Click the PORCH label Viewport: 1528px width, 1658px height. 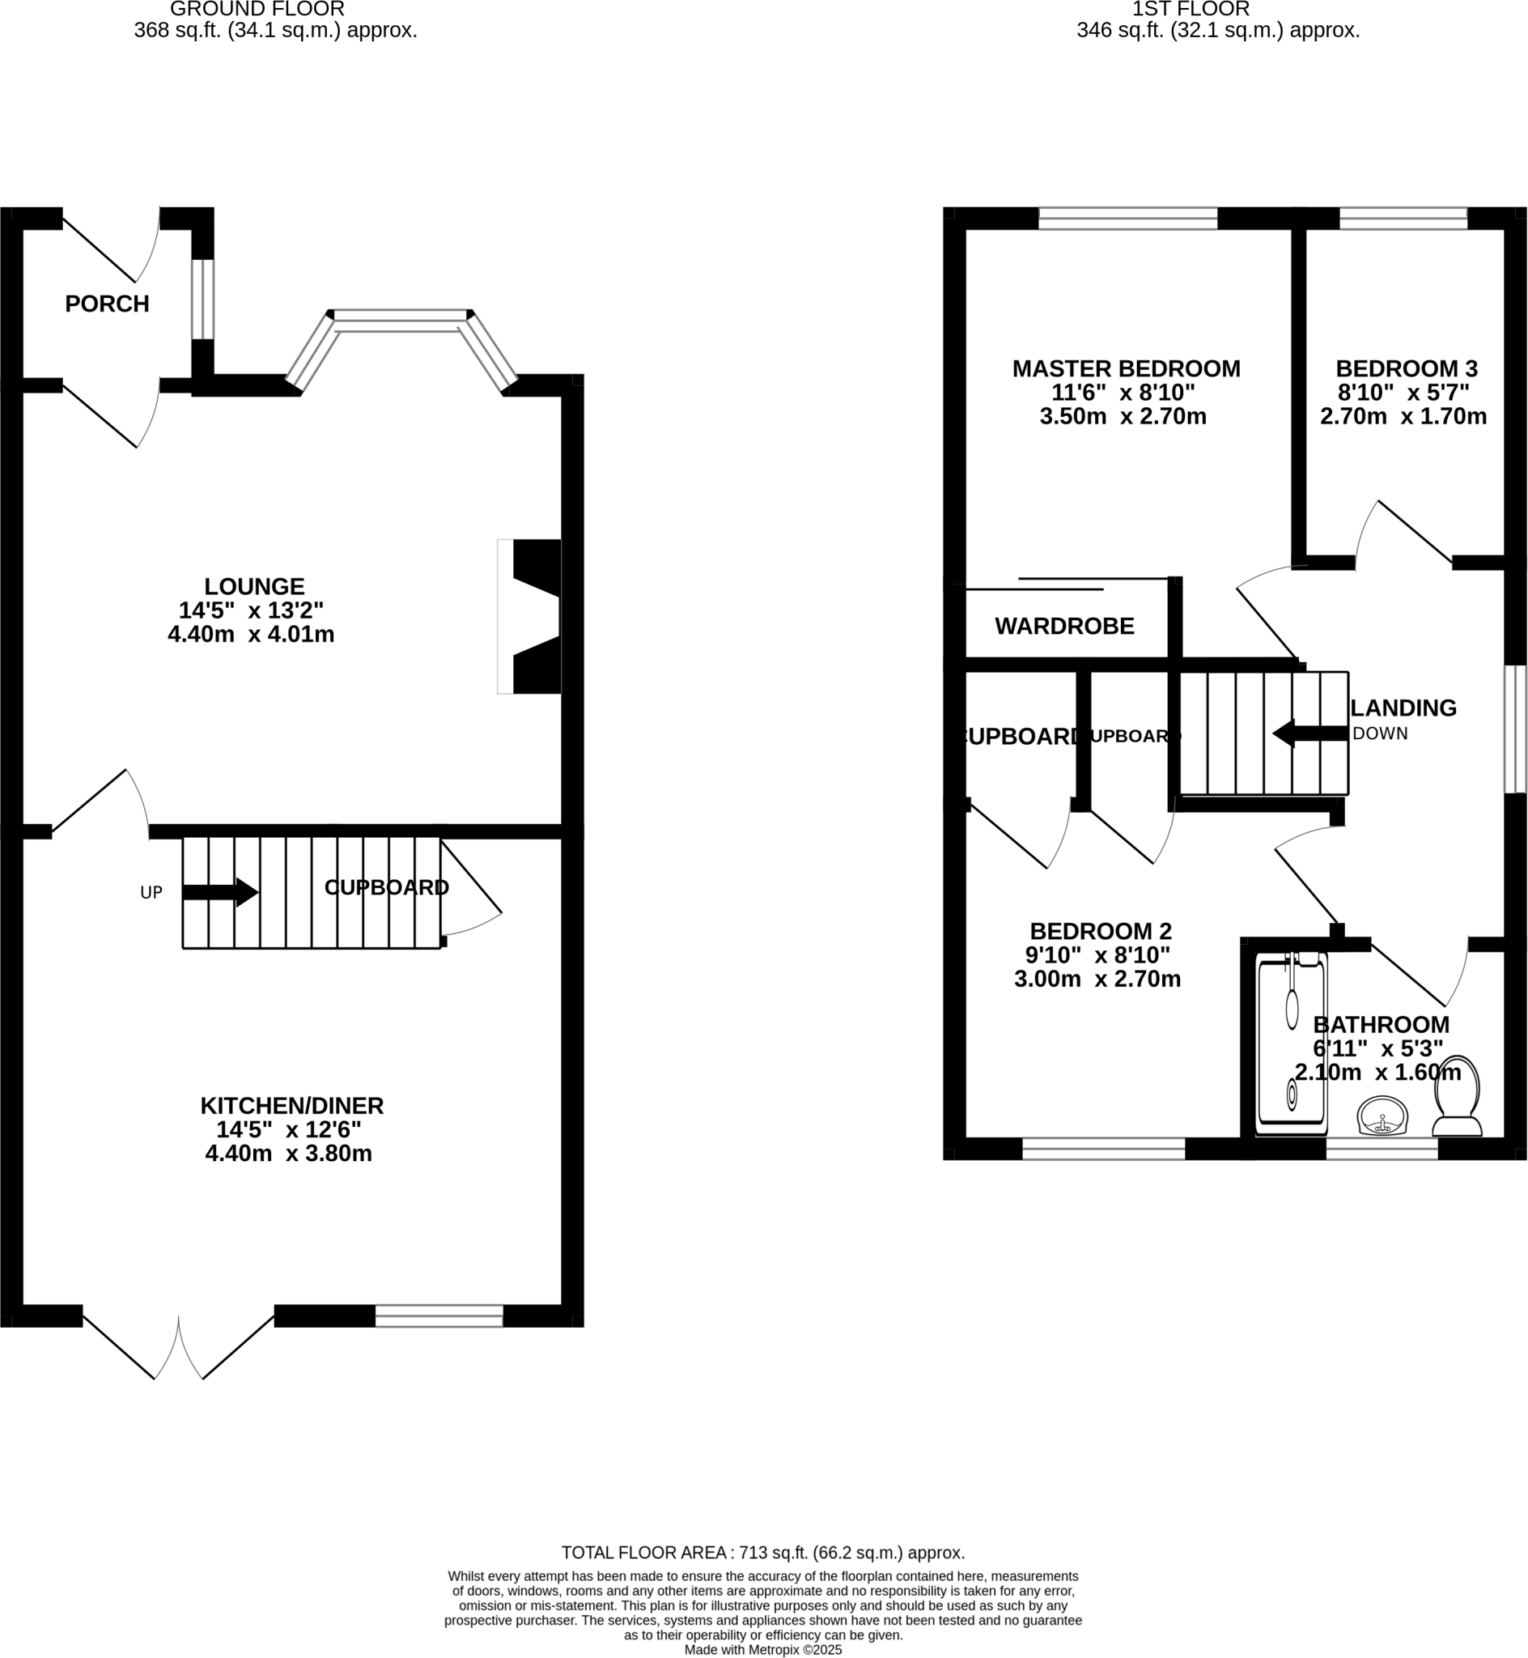pyautogui.click(x=107, y=304)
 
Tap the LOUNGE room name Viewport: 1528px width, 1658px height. pyautogui.click(x=254, y=586)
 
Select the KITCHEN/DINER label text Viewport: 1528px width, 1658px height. pyautogui.click(x=291, y=1106)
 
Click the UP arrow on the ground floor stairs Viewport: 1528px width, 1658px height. pyautogui.click(x=220, y=892)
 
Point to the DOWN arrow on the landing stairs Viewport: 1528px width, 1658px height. pyautogui.click(x=1309, y=733)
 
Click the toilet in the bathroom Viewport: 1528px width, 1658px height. pyautogui.click(x=1457, y=1096)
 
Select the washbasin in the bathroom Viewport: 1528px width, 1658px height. pyautogui.click(x=1382, y=1116)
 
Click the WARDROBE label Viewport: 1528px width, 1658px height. pyautogui.click(x=1063, y=626)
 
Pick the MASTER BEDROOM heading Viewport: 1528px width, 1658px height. pyautogui.click(x=1125, y=369)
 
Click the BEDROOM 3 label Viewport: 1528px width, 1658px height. pyautogui.click(x=1406, y=369)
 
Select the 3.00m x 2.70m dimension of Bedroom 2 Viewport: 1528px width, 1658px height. pyautogui.click(x=1097, y=979)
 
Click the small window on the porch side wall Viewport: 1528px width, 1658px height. pyautogui.click(x=202, y=300)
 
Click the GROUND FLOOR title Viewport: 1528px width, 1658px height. pyautogui.click(x=257, y=10)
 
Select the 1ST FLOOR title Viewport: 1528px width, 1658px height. pyautogui.click(x=1190, y=10)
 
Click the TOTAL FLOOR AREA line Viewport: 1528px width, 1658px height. pyautogui.click(x=762, y=1552)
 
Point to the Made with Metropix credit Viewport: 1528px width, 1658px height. pyautogui.click(x=762, y=1650)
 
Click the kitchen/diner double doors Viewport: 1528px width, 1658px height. pyautogui.click(x=179, y=1348)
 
